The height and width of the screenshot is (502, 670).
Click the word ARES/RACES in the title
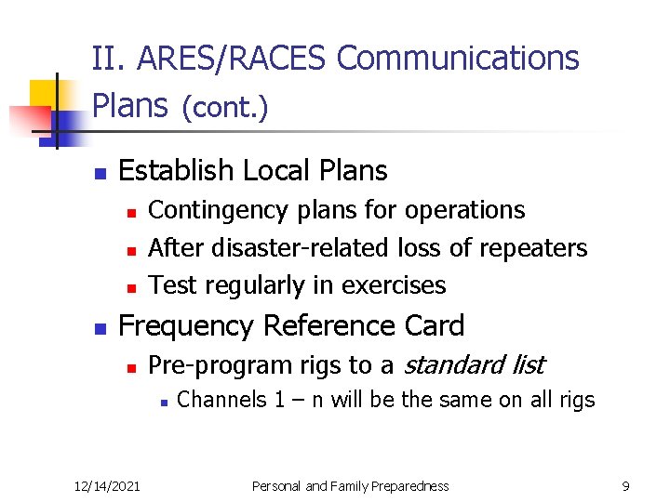(x=233, y=59)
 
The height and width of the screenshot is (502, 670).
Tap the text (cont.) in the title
(x=224, y=108)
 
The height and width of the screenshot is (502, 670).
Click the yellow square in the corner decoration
(x=45, y=95)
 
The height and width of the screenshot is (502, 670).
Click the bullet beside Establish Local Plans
(x=101, y=174)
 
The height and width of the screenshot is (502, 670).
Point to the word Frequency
(x=187, y=326)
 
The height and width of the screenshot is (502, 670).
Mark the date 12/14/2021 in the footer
(x=108, y=485)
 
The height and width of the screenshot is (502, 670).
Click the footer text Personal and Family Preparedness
(x=352, y=485)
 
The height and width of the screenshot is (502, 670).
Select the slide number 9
(x=625, y=485)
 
